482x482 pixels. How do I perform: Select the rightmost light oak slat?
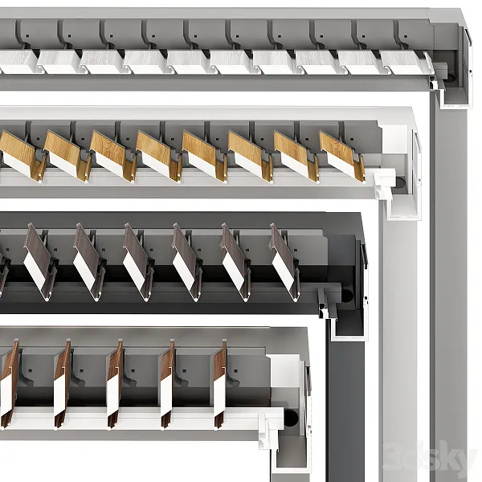coord(342,156)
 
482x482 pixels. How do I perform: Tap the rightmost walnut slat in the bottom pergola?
coord(220,384)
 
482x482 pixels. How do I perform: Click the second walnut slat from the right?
coord(167,384)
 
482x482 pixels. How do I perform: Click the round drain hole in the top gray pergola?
coord(452,76)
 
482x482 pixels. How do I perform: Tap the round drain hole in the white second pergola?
coord(400,182)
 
